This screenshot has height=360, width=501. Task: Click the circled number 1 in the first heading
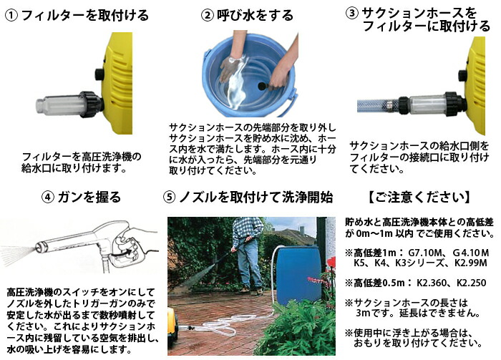point(11,14)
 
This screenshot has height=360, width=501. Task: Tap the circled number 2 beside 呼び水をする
point(208,14)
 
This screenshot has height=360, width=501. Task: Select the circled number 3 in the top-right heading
point(353,13)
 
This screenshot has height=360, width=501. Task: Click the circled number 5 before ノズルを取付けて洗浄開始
point(170,197)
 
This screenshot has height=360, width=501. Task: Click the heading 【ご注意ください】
point(418,197)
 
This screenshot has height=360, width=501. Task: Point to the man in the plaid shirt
point(248,250)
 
